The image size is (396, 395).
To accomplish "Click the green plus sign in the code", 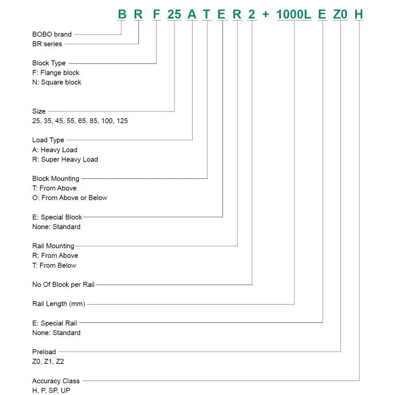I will click(265, 14).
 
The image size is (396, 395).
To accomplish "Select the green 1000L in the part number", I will click(294, 14).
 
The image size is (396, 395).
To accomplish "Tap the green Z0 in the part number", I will click(340, 14).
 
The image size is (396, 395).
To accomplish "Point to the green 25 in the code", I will click(175, 14).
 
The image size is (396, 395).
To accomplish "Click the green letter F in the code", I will click(156, 14).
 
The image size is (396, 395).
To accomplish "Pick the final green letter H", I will click(359, 14).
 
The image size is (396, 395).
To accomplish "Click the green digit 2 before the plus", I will click(251, 14).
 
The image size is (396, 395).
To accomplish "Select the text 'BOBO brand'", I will click(52, 34).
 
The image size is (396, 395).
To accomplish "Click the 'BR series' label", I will click(47, 44).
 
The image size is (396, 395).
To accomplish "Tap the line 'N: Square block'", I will click(57, 82).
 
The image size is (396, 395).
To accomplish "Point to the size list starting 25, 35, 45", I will click(80, 121).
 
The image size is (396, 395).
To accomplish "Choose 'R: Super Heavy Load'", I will click(65, 159).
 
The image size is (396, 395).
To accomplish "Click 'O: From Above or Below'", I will click(70, 197).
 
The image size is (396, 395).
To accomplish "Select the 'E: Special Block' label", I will click(57, 217).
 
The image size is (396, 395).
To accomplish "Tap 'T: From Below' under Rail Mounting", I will click(54, 266).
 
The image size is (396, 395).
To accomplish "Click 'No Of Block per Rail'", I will click(64, 284).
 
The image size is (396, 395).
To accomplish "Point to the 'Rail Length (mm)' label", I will click(59, 304).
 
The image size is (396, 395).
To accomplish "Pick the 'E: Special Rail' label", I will click(55, 323).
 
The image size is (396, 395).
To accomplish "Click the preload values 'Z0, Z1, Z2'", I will click(48, 361).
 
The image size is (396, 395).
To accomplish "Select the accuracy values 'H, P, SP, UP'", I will click(51, 390).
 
